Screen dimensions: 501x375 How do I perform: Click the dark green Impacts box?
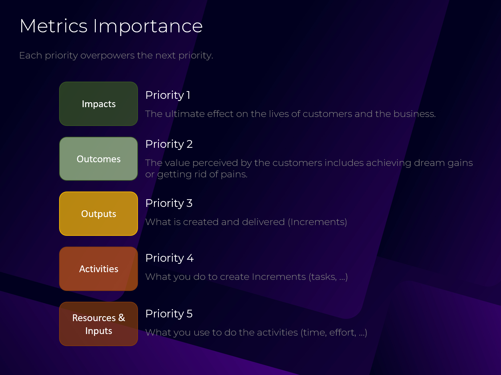[x=98, y=104]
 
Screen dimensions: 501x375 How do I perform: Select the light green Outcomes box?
[x=98, y=159]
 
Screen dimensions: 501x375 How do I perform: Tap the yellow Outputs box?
[x=98, y=214]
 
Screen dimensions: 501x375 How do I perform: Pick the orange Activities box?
[x=98, y=269]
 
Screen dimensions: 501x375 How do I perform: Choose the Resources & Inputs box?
[x=98, y=324]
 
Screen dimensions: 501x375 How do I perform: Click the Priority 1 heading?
[x=168, y=95]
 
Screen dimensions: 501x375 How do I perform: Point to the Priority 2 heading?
[x=169, y=144]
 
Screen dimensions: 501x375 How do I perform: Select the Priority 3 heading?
[x=169, y=204]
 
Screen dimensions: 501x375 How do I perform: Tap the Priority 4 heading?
[x=169, y=258]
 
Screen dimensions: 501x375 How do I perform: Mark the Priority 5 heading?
[x=169, y=314]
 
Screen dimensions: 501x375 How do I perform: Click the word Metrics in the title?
[x=54, y=26]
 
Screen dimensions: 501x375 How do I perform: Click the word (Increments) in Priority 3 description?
[x=317, y=222]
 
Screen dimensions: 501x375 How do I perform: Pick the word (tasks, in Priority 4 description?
[x=322, y=277]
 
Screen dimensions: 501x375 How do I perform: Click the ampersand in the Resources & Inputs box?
[x=122, y=318]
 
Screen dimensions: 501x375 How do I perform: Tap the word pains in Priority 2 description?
[x=234, y=175]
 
